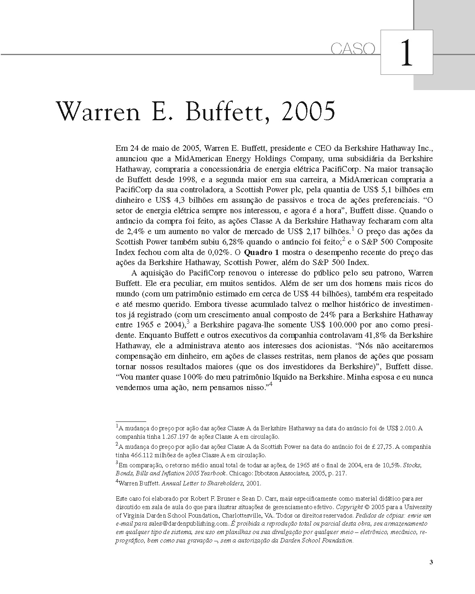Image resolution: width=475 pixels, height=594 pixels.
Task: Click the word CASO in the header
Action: (x=353, y=49)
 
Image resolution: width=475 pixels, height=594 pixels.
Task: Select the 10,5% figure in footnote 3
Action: (x=392, y=465)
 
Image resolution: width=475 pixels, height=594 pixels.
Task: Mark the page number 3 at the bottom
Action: (x=431, y=562)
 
